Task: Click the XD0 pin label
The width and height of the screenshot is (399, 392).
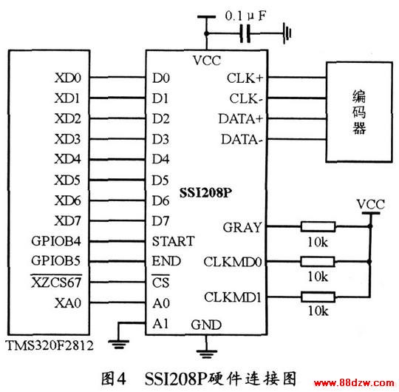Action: [68, 78]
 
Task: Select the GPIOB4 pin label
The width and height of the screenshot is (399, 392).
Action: [56, 241]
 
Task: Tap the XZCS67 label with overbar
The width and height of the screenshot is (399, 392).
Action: [56, 282]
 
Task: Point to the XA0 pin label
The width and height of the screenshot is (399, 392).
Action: [68, 303]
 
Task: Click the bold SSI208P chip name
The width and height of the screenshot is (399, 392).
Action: [205, 193]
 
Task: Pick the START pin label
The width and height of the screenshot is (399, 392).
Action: [174, 241]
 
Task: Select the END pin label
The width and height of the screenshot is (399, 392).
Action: [166, 261]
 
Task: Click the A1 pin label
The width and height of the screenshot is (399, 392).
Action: [160, 324]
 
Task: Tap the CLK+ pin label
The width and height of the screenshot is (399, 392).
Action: [245, 78]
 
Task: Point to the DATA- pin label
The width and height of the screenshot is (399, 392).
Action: [242, 140]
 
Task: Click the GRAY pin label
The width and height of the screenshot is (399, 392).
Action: [242, 228]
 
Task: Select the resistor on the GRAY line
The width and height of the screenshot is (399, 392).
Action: [318, 226]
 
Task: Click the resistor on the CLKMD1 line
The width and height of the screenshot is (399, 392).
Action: [318, 297]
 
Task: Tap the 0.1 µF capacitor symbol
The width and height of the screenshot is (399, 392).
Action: [245, 33]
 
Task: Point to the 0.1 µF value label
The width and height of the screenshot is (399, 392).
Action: [245, 16]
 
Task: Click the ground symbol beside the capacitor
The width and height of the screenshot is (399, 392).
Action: [287, 33]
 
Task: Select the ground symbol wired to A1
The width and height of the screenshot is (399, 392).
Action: [118, 345]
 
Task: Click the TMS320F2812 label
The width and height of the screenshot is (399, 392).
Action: [50, 345]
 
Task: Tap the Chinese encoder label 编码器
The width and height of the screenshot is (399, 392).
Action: [359, 112]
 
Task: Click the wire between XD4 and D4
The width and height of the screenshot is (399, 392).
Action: [117, 160]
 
